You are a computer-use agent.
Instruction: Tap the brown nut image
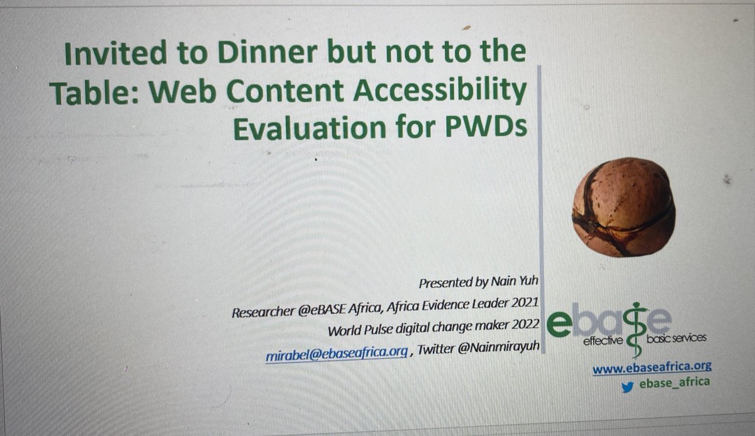(x=624, y=206)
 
